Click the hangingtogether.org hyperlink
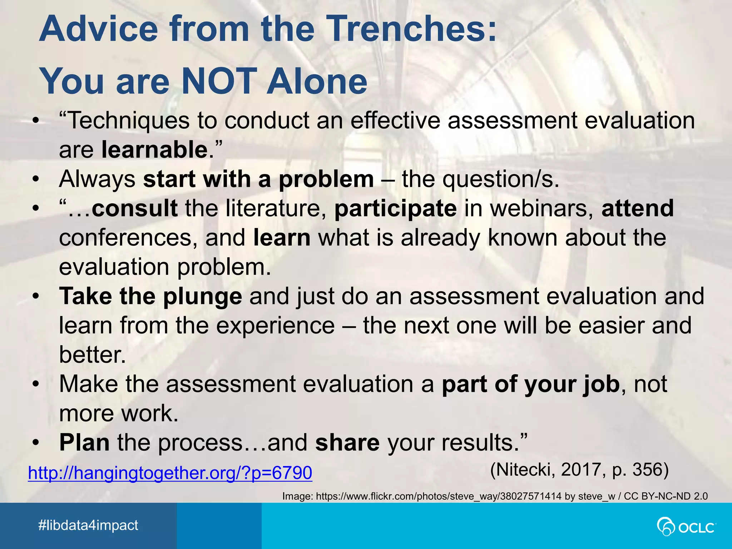click(x=170, y=473)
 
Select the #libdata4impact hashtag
click(x=88, y=525)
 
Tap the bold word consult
click(x=135, y=208)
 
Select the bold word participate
click(x=395, y=208)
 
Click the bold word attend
click(x=638, y=208)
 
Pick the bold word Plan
click(x=84, y=442)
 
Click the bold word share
click(x=347, y=442)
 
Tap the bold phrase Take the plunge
click(x=150, y=296)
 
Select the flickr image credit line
click(x=495, y=496)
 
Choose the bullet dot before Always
click(x=35, y=179)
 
